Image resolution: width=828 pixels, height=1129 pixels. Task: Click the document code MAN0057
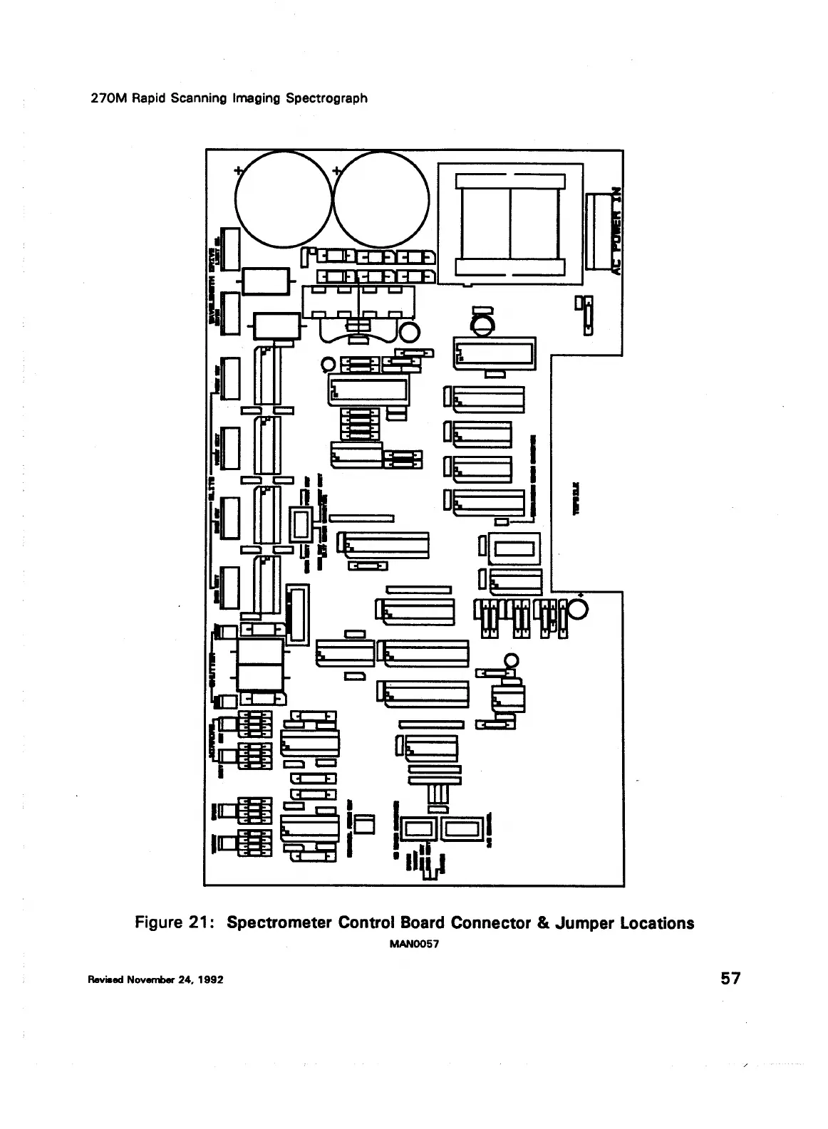point(413,945)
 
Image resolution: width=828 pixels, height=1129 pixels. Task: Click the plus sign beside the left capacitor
point(239,171)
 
